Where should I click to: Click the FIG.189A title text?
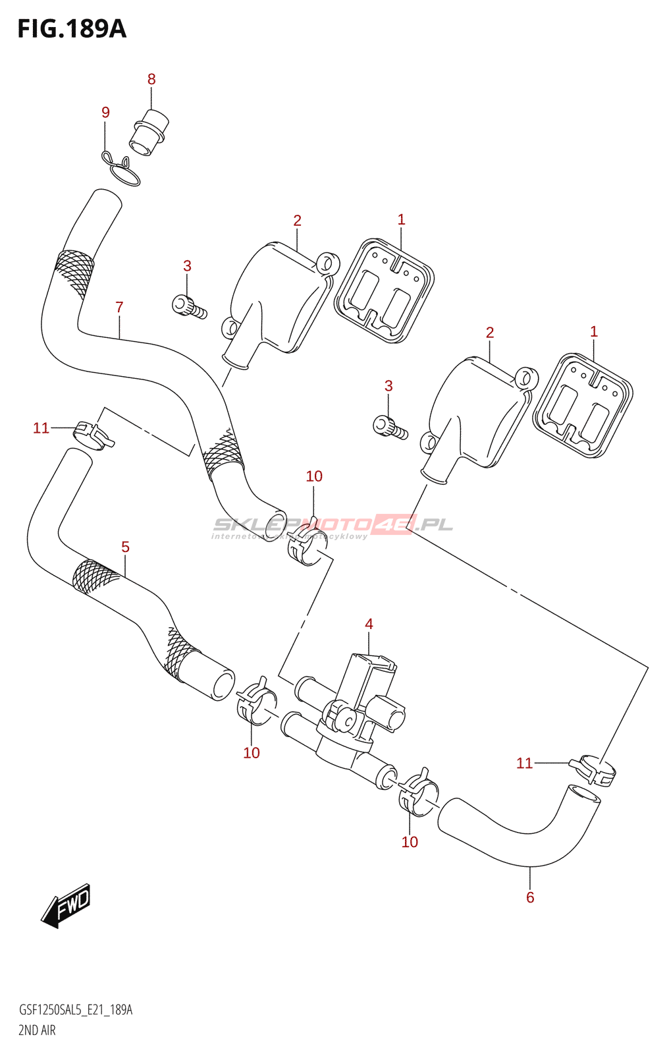(72, 29)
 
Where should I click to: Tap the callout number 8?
(151, 79)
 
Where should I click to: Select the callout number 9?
(105, 113)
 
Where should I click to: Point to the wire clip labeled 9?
(122, 169)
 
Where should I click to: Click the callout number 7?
(119, 307)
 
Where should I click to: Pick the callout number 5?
(125, 547)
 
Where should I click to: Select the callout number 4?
(369, 624)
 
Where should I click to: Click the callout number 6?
(530, 897)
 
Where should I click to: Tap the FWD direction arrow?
(67, 905)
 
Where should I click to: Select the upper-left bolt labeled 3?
(188, 306)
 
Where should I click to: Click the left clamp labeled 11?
(93, 433)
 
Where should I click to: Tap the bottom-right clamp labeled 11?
(593, 769)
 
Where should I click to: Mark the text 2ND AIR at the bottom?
(37, 1030)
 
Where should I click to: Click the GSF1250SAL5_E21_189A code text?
(76, 1010)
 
